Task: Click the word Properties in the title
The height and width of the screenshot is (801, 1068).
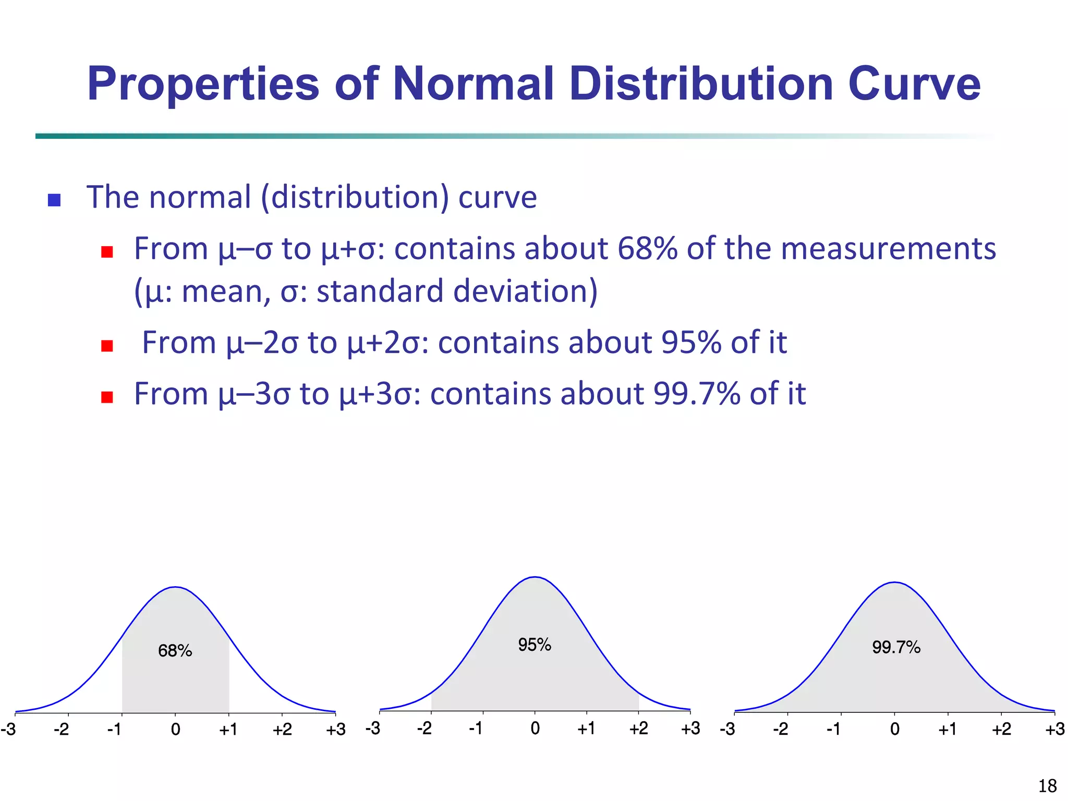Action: click(203, 84)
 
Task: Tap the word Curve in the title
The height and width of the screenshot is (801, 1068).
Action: click(914, 84)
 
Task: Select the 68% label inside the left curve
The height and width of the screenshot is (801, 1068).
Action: click(175, 651)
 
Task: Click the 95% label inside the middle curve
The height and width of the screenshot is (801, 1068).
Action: click(535, 645)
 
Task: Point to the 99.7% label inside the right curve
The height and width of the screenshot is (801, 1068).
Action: click(896, 648)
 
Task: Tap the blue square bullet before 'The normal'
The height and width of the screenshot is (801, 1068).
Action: click(54, 200)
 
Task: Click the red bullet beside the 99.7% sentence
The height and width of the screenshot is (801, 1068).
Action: click(107, 397)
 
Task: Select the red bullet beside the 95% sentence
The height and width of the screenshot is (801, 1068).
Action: click(107, 346)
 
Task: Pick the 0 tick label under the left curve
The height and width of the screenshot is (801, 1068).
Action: click(176, 730)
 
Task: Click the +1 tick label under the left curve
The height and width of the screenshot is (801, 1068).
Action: click(228, 730)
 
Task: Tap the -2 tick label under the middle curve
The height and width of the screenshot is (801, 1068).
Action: click(424, 729)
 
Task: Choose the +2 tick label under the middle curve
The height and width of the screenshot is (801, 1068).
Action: click(638, 729)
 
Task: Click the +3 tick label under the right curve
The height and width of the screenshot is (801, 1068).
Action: click(1054, 729)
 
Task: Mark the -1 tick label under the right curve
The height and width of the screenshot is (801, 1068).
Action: click(833, 729)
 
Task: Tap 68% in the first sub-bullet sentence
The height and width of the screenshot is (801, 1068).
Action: click(647, 249)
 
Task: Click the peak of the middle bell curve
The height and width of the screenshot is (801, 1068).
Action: click(535, 577)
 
